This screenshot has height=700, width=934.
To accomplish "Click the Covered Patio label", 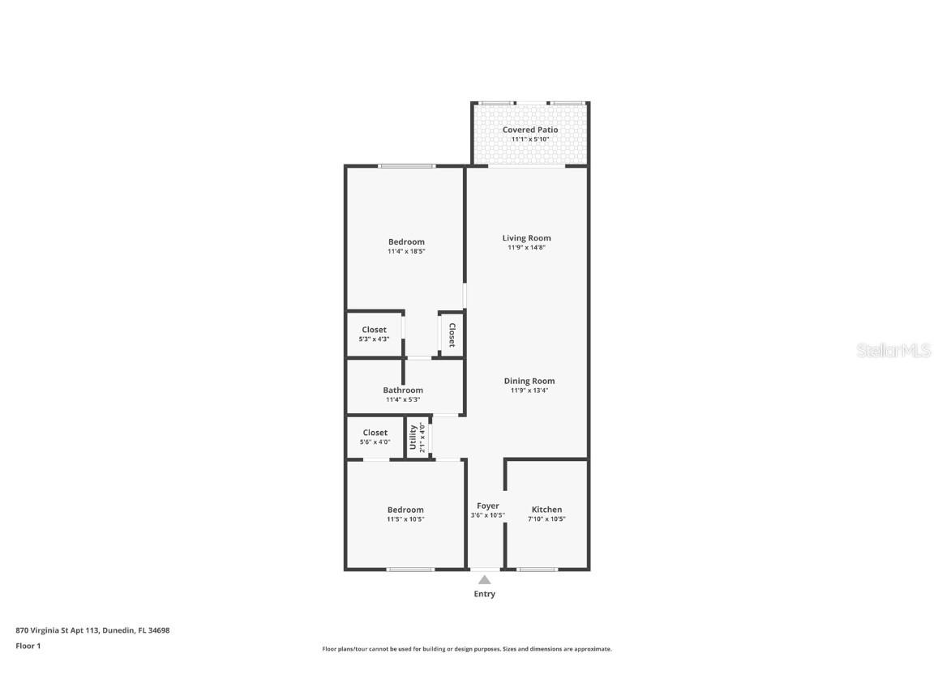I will coord(530,130).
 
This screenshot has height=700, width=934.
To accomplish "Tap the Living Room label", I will coord(526,238).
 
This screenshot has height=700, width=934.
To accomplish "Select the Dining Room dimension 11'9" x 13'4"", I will coord(529,391).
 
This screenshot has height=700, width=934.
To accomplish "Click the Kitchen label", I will coord(546,510).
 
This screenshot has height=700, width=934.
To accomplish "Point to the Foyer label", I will coord(487,506).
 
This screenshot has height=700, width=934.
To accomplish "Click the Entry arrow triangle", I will coord(484,579).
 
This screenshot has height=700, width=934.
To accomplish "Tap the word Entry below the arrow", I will coord(484,594).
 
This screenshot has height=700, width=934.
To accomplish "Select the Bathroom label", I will coord(403,390).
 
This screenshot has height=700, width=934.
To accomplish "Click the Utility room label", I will coord(413,437).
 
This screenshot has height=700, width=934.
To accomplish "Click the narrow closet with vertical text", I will coord(452,335).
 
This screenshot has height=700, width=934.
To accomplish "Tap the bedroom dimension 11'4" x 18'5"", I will coord(406,251).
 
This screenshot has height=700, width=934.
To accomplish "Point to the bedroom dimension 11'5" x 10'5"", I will coord(405,519).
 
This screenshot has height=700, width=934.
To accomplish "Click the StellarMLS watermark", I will coord(894,350).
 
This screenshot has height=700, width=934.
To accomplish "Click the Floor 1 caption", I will coord(28,646).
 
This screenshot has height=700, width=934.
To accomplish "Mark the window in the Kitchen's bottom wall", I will coord(538,570).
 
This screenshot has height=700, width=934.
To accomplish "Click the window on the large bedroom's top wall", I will coord(407,166).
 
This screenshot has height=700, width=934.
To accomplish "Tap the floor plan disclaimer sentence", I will coord(466,649).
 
